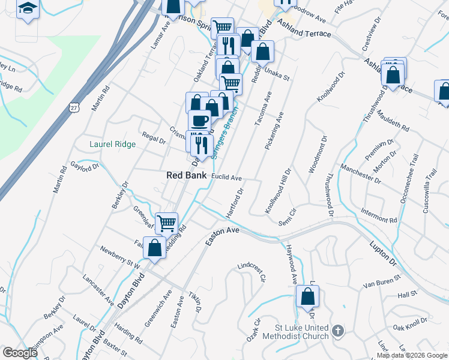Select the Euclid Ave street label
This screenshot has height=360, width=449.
click(227, 178)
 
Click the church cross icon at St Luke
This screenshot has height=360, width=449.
click(338, 331)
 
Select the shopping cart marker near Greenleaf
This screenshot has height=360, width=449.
click(167, 223)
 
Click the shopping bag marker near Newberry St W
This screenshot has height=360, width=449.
click(154, 248)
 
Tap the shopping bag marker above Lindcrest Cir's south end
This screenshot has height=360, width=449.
click(307, 296)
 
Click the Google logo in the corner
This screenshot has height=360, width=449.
click(19, 353)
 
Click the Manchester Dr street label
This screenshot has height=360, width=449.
click(360, 172)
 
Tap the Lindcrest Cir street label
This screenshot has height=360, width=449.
click(252, 271)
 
